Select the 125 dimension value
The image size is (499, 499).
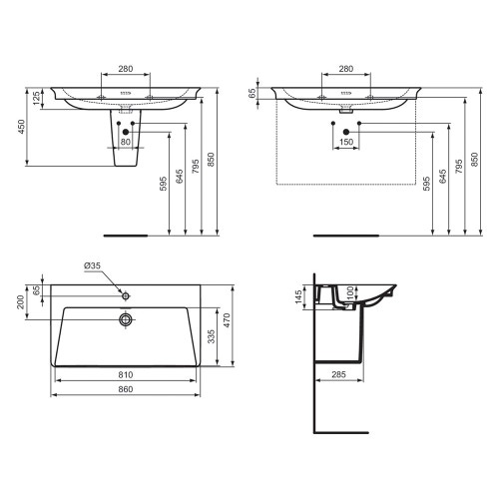[x=37, y=98]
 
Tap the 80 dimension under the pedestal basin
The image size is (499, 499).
[x=126, y=142]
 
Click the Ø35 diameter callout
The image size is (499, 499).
[x=91, y=266]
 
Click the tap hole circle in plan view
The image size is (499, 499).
[x=126, y=296]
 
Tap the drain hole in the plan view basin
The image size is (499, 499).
[x=126, y=319]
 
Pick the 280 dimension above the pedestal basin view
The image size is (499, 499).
[x=126, y=68]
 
